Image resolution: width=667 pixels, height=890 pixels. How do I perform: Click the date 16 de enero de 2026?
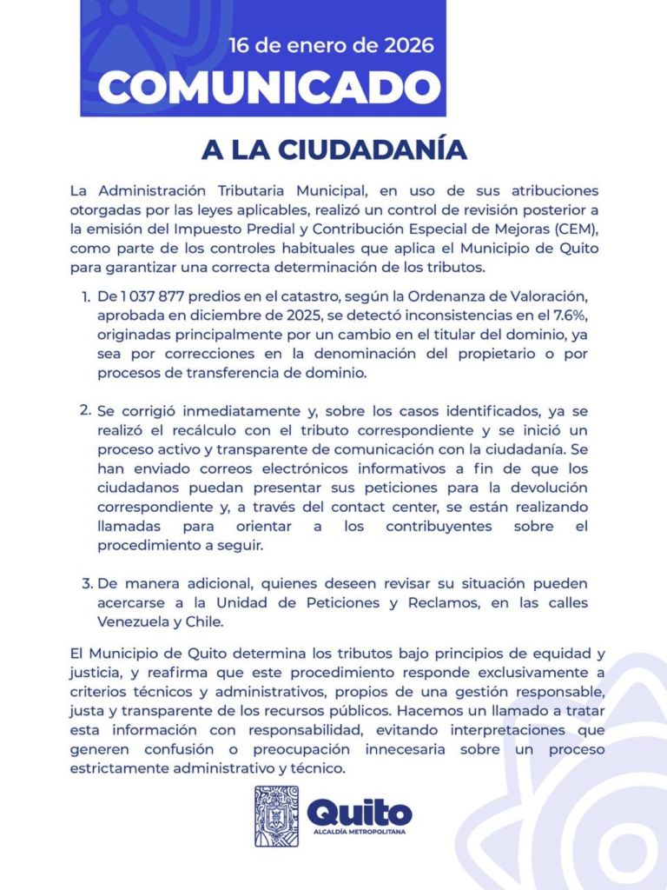[331, 46]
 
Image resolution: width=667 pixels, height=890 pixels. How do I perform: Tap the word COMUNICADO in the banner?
[269, 87]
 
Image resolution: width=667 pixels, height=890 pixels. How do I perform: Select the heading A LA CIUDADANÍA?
[334, 149]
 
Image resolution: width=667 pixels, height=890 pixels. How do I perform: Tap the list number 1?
[85, 296]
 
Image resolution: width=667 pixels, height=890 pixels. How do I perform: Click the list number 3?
[85, 582]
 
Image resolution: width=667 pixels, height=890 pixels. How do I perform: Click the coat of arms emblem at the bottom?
[276, 816]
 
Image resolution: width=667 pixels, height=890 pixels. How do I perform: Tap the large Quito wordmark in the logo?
[360, 812]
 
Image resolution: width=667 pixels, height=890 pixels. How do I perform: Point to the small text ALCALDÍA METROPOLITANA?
[360, 832]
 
